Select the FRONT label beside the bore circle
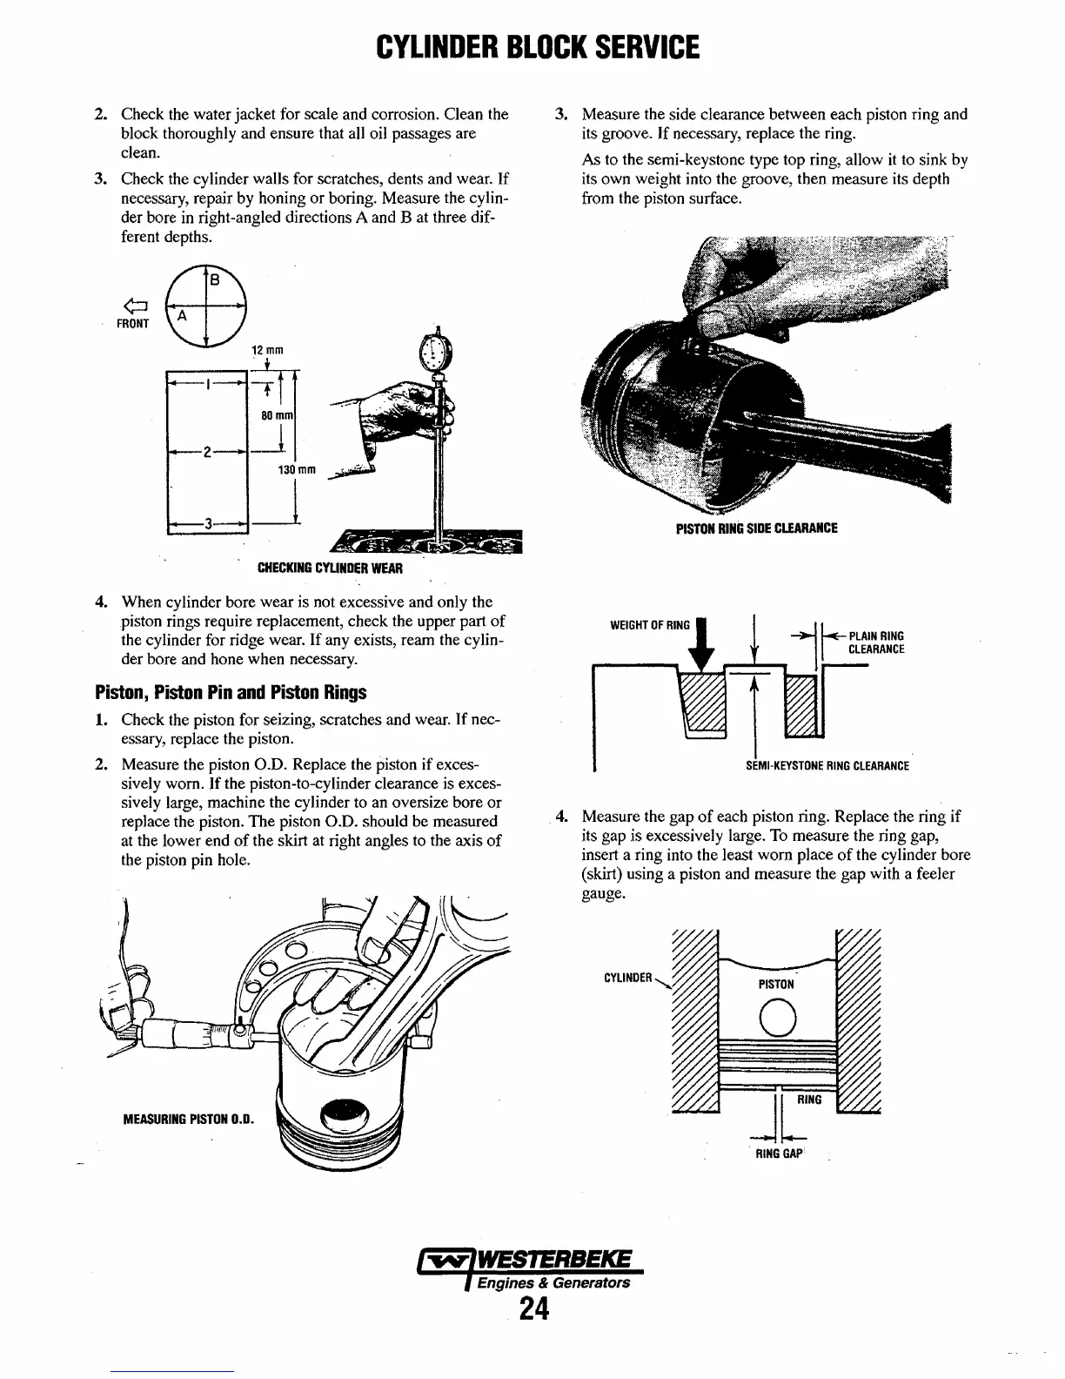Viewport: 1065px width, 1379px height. [133, 324]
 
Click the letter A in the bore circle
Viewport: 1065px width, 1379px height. [183, 318]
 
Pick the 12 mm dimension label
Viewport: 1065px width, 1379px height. [264, 350]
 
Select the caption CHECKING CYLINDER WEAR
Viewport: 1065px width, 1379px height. [331, 568]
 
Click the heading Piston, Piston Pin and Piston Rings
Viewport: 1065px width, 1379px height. [231, 693]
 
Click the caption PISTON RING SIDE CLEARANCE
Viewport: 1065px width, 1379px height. [756, 528]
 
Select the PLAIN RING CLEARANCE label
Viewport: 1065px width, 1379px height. [875, 642]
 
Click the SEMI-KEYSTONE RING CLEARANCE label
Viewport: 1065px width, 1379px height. [827, 766]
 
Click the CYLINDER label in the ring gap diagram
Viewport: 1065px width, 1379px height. [627, 978]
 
